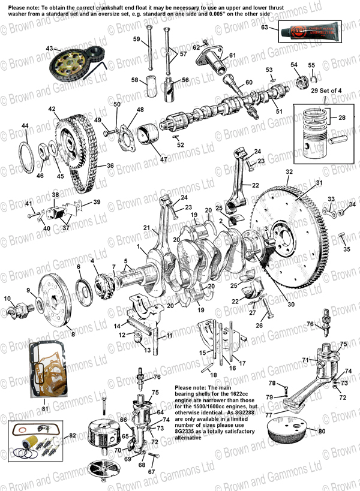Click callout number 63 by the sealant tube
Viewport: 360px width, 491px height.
[x=265, y=28]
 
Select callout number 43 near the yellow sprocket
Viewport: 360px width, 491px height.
[x=50, y=48]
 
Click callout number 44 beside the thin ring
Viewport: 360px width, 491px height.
[x=25, y=125]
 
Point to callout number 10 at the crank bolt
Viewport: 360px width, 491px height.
[x=8, y=298]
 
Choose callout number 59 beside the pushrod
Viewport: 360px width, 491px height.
[x=136, y=40]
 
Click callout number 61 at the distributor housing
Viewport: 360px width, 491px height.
[x=232, y=56]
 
